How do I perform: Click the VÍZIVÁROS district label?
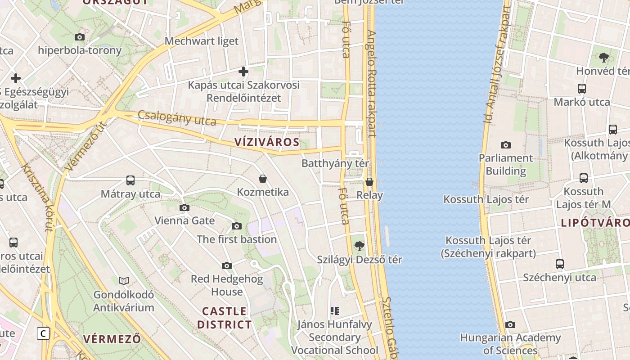pyautogui.click(x=267, y=142)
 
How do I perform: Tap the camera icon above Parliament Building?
pyautogui.click(x=506, y=145)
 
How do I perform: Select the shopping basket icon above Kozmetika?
pyautogui.click(x=263, y=179)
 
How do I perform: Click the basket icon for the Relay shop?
pyautogui.click(x=369, y=182)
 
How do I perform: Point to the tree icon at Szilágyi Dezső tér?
pyautogui.click(x=359, y=246)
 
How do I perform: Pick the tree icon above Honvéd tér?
pyautogui.click(x=604, y=58)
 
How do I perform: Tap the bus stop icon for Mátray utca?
pyautogui.click(x=130, y=180)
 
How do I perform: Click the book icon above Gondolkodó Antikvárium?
pyautogui.click(x=124, y=281)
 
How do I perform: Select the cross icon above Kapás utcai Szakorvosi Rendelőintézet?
pyautogui.click(x=243, y=72)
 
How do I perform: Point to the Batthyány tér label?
pyautogui.click(x=335, y=163)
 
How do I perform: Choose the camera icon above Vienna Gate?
pyautogui.click(x=184, y=207)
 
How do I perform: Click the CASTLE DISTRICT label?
pyautogui.click(x=225, y=318)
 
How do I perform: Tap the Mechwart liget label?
pyautogui.click(x=202, y=41)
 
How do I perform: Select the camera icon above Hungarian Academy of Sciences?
pyautogui.click(x=510, y=324)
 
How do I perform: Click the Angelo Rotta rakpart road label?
pyautogui.click(x=371, y=83)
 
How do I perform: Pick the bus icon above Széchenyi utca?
pyautogui.click(x=560, y=264)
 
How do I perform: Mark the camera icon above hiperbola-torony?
pyautogui.click(x=80, y=37)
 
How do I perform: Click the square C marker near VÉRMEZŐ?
pyautogui.click(x=43, y=333)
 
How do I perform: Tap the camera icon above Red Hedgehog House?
pyautogui.click(x=227, y=265)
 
